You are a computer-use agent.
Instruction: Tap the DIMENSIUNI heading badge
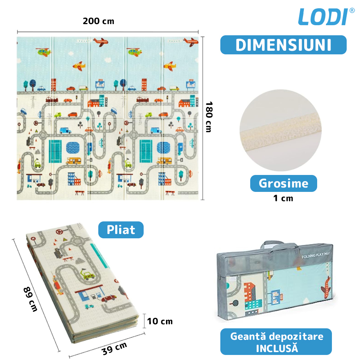coord(283,45)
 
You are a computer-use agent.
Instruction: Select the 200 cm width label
coord(98,21)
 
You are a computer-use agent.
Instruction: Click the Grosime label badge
coord(284,184)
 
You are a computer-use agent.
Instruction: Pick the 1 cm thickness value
coord(283,198)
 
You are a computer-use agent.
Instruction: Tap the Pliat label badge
coord(121,230)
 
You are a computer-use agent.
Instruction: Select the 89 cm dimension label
coord(30,299)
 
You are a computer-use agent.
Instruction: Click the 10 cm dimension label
coord(160,321)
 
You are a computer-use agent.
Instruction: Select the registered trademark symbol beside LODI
coord(352,10)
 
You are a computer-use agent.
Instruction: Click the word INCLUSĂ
coord(276,348)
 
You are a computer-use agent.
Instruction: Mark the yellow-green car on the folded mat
coord(87,276)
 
